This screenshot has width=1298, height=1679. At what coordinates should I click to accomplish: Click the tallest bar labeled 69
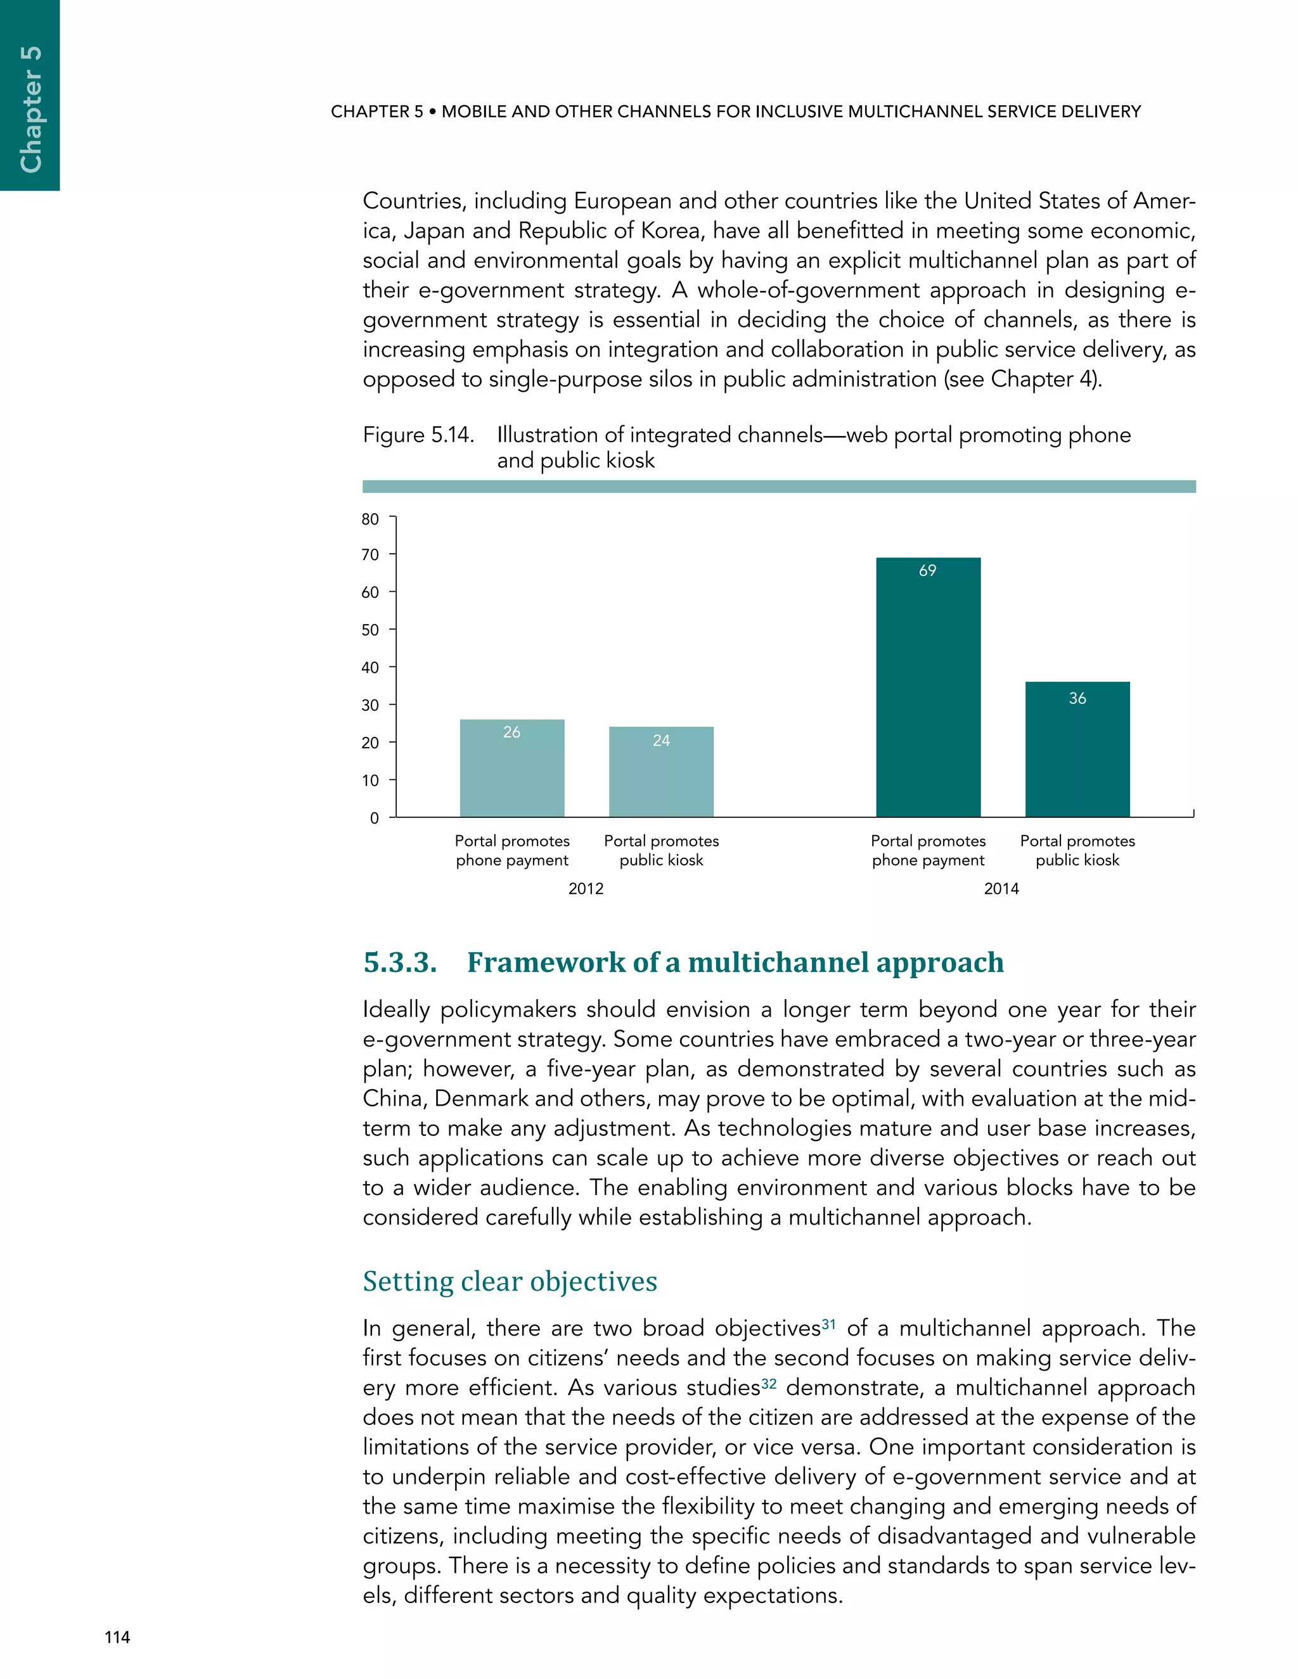(928, 692)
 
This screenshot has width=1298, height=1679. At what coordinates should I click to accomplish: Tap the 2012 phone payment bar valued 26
(511, 772)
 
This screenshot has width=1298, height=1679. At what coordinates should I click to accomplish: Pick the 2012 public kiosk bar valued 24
(661, 777)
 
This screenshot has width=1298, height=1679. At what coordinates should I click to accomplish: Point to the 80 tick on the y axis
(371, 520)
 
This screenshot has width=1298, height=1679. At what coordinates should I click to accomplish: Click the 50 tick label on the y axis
(371, 630)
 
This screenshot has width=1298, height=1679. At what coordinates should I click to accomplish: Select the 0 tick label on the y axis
(375, 819)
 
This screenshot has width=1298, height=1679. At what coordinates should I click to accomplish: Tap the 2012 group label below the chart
(586, 889)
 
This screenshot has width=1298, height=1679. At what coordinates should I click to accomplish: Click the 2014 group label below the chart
(1001, 889)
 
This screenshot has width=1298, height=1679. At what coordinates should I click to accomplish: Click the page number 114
(118, 1637)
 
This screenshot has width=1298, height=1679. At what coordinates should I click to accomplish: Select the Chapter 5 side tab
(30, 108)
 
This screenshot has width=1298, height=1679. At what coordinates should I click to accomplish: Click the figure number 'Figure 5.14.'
(418, 435)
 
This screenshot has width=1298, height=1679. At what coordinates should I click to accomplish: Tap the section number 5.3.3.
(400, 962)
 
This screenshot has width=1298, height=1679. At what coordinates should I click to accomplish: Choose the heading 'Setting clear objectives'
(510, 1282)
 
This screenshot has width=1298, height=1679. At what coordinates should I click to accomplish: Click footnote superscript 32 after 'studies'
(769, 1383)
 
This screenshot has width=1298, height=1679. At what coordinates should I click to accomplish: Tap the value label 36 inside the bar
(1077, 698)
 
